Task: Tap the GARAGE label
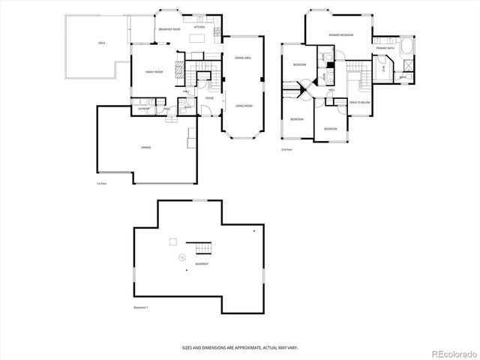[x=145, y=147]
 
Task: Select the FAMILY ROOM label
[x=154, y=72]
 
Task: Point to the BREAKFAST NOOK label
[x=169, y=29]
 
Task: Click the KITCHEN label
[x=199, y=27]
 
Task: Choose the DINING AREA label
[x=241, y=58]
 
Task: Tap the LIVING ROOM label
[x=243, y=106]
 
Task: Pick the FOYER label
[x=209, y=97]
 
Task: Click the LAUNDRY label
[x=142, y=109]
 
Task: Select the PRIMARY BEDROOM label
[x=340, y=35]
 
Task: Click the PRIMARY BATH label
[x=385, y=48]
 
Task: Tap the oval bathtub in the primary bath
[x=408, y=48]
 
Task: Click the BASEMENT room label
[x=202, y=265]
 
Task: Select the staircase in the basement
[x=203, y=248]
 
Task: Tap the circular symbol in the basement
[x=181, y=259]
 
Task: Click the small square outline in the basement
[x=173, y=241]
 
